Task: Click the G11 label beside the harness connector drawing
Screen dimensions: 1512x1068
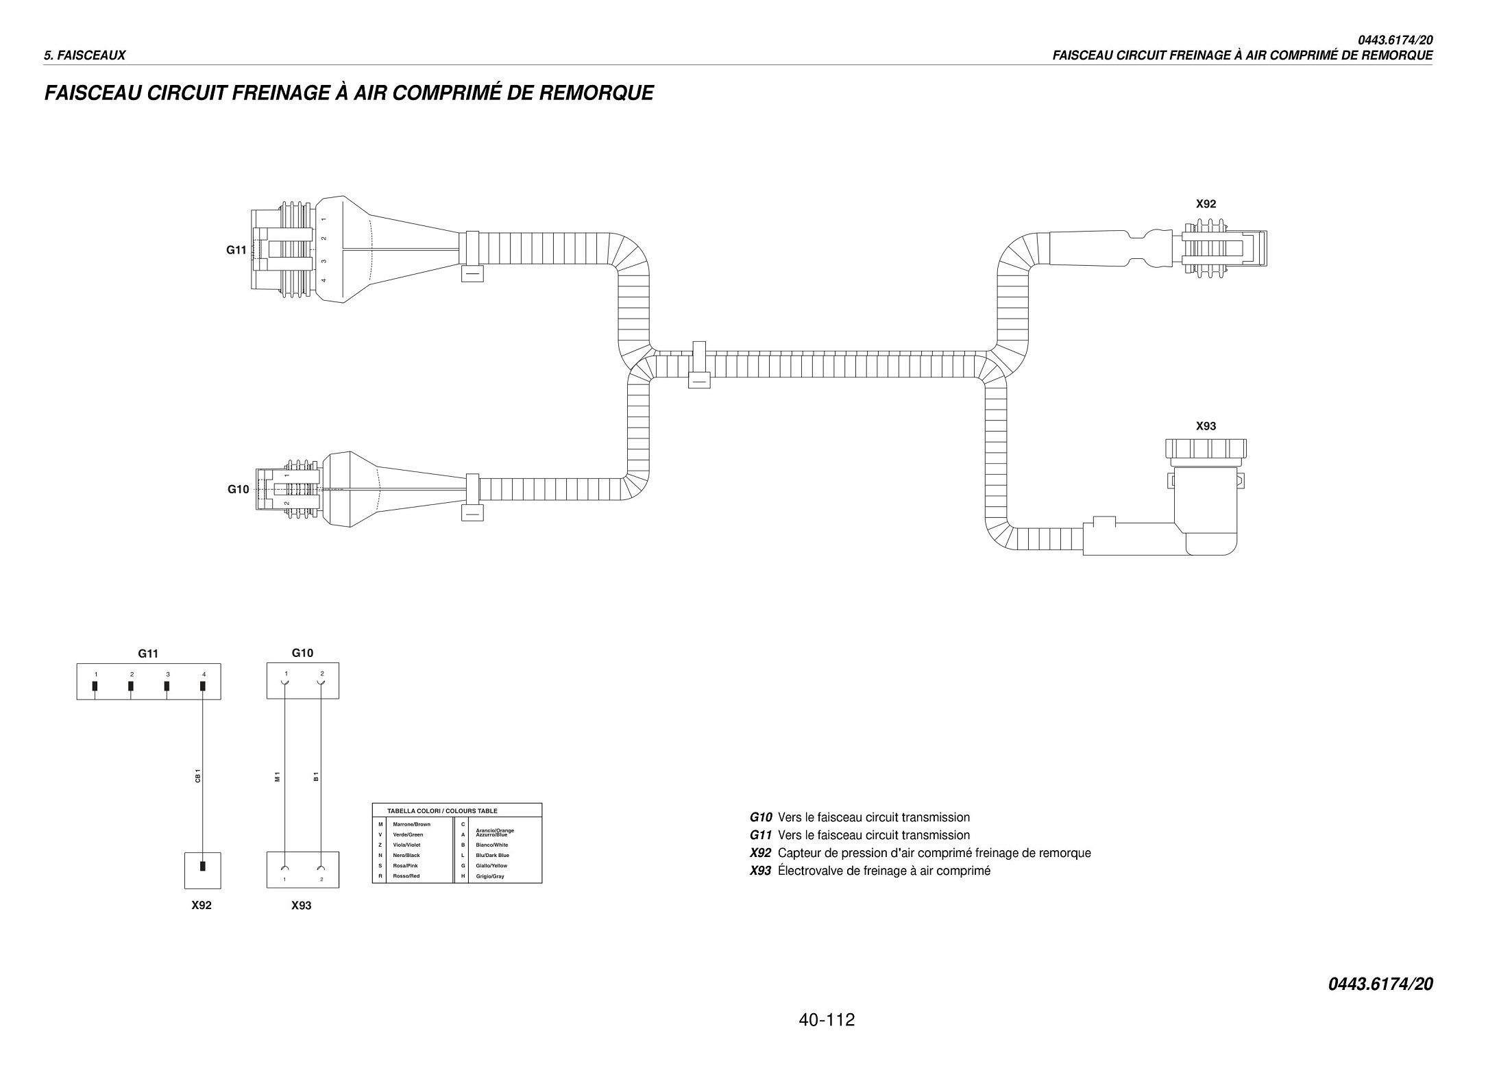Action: click(x=236, y=250)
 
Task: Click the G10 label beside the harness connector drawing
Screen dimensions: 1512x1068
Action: click(x=239, y=489)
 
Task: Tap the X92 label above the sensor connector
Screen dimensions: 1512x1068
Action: click(x=1206, y=203)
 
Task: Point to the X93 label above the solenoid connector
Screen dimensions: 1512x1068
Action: click(x=1206, y=426)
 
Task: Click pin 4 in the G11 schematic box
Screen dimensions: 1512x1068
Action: click(x=203, y=686)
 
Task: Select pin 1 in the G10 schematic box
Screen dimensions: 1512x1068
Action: click(x=285, y=682)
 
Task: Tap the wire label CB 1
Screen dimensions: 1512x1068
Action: click(x=197, y=775)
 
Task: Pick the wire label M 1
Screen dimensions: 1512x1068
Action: click(x=278, y=777)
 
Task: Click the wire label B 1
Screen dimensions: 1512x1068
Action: click(x=316, y=777)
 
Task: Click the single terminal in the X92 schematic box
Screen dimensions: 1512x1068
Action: click(x=202, y=865)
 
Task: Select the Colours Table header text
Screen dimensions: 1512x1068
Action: click(x=442, y=810)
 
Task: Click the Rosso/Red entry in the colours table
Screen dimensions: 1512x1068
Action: click(x=406, y=876)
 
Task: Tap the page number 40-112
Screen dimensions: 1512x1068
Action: click(x=827, y=1020)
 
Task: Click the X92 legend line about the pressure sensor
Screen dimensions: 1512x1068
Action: click(x=920, y=853)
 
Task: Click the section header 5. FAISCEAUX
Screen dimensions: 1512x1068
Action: click(x=85, y=55)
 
